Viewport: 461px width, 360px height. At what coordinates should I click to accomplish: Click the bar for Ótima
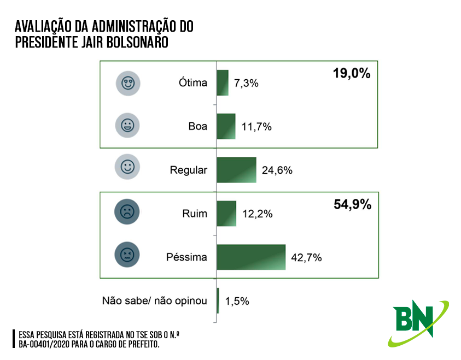click(223, 82)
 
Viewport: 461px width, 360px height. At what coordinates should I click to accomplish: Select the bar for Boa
click(226, 126)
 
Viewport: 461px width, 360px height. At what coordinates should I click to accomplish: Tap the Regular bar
click(236, 170)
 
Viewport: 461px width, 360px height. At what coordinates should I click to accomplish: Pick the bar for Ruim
click(226, 214)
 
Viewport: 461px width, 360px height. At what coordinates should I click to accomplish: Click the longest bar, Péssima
click(251, 257)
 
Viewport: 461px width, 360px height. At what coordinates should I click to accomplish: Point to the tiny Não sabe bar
click(218, 300)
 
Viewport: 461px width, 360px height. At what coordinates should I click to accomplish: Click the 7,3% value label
click(246, 84)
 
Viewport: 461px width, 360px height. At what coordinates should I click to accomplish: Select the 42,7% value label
click(306, 258)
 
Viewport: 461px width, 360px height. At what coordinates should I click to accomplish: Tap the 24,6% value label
click(277, 170)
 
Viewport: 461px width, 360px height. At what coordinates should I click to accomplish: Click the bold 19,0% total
click(352, 73)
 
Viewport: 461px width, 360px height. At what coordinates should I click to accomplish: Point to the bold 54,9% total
click(352, 205)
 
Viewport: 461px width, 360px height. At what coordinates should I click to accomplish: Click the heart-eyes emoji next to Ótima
click(128, 83)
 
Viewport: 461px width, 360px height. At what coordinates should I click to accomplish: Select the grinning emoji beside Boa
click(128, 126)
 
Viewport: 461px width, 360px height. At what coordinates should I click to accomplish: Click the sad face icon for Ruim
click(128, 211)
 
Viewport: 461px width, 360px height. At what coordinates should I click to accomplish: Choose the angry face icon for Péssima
click(128, 254)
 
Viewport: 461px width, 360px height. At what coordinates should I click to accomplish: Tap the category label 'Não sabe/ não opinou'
click(155, 300)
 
